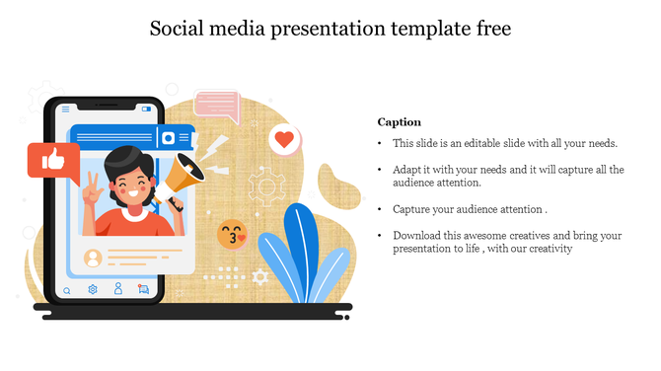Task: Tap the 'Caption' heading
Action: coord(400,122)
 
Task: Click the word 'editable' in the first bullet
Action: coord(479,144)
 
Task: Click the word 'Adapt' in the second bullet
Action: coord(407,170)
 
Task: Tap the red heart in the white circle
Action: coord(285,140)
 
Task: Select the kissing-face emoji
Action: coord(232,235)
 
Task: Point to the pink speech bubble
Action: coord(217,106)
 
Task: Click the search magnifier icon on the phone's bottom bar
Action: coord(67,291)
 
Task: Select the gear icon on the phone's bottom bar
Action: coord(93,290)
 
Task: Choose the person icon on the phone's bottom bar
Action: coord(118,289)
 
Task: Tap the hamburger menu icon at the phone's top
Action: coord(66,110)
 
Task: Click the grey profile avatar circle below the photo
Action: coord(93,259)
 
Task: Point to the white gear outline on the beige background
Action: coord(265,185)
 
